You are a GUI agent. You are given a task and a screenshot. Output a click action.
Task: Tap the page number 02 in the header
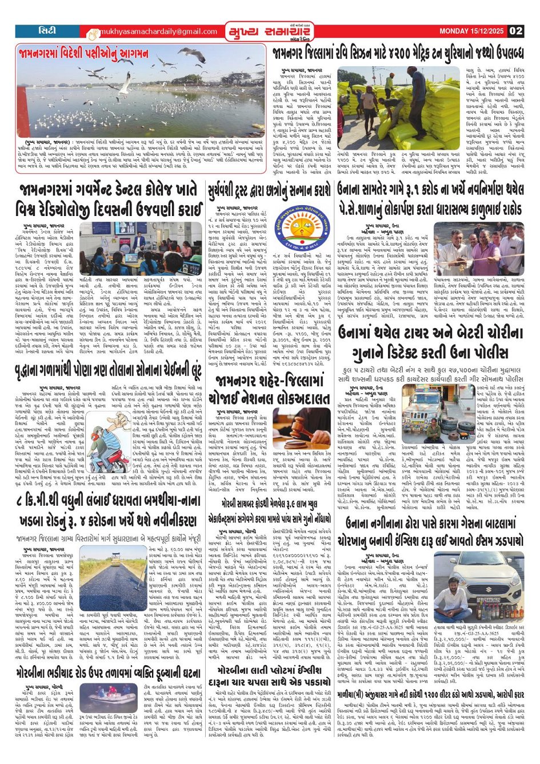(x=515, y=31)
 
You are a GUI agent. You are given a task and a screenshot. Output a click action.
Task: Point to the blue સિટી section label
(x=47, y=30)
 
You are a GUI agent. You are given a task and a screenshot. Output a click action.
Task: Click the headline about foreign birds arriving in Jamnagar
(x=86, y=54)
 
